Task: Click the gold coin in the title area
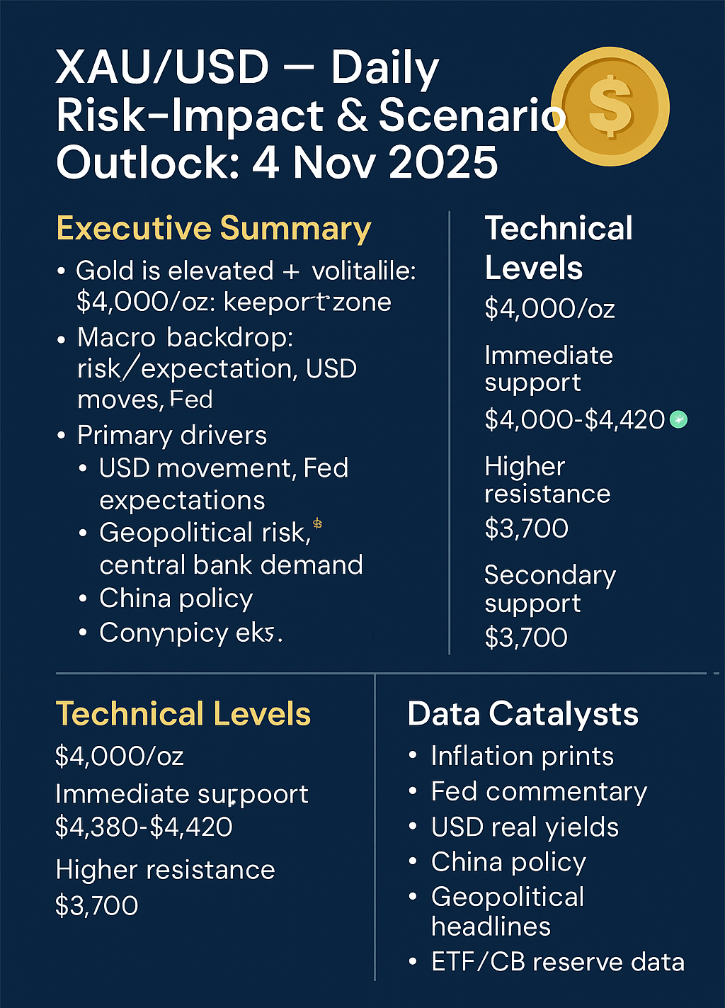click(610, 107)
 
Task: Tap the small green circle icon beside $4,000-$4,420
click(678, 420)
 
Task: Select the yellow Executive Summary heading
click(213, 229)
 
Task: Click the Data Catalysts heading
click(523, 714)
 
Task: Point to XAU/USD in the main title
click(162, 68)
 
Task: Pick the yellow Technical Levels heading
click(183, 714)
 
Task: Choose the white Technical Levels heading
click(559, 247)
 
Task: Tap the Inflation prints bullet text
click(522, 757)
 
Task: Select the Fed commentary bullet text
click(539, 792)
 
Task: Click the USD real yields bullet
click(525, 827)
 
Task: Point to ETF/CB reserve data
click(558, 962)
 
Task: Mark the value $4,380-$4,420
click(144, 827)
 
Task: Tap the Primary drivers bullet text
click(172, 436)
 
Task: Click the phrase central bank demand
click(231, 565)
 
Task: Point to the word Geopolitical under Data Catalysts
click(508, 897)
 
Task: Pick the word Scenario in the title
click(472, 115)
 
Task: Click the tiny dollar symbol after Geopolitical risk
click(317, 523)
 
